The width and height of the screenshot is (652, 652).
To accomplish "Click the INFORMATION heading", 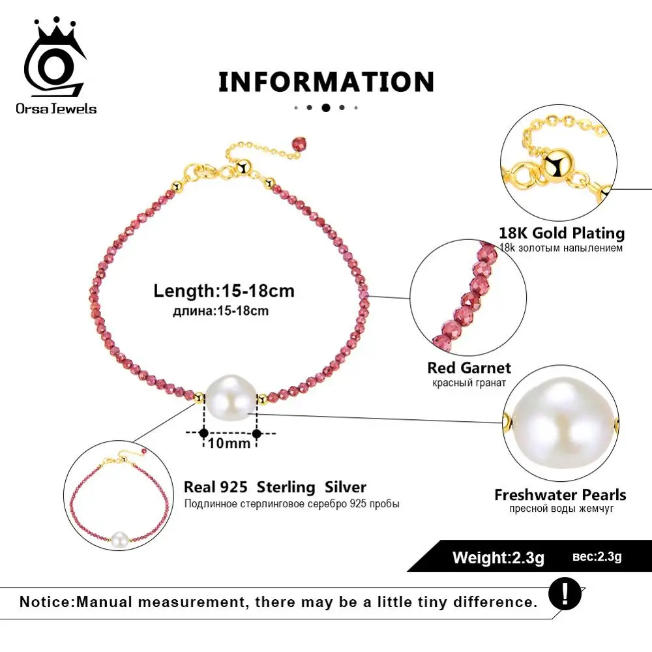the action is [326, 82].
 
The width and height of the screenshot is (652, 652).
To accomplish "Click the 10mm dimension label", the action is [230, 443].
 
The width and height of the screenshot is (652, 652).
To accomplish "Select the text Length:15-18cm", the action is [224, 290].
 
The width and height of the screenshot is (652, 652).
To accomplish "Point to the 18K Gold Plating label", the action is [561, 233].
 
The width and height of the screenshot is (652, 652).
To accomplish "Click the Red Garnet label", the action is [469, 368].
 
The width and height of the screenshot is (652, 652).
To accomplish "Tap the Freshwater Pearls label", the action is [560, 495].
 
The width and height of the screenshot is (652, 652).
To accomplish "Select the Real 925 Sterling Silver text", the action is [274, 487].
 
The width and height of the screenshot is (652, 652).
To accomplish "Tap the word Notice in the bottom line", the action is [46, 601].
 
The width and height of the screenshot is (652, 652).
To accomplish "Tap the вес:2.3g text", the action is [597, 557].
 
